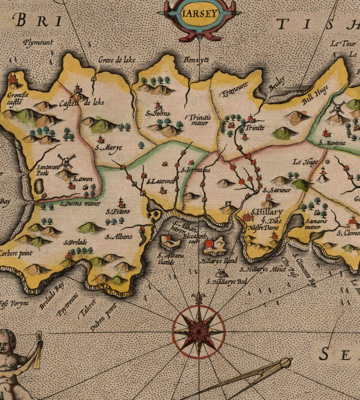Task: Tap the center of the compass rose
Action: [199, 331]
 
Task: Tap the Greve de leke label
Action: [117, 60]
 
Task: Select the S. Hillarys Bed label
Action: [226, 281]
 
